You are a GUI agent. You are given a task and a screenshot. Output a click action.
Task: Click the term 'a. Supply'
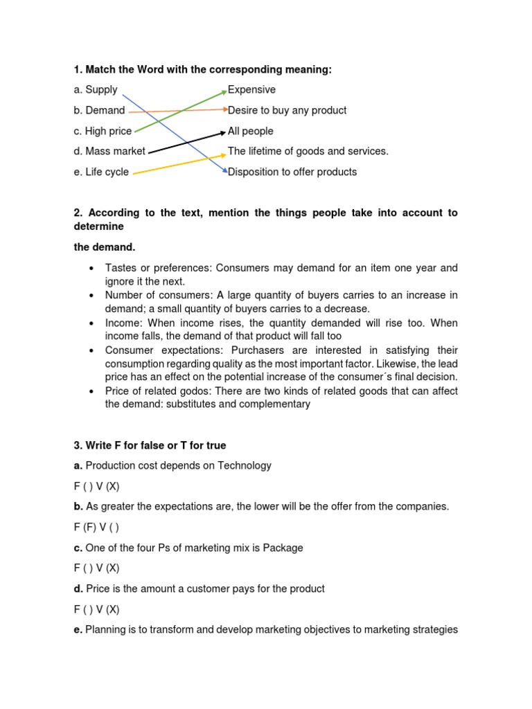coord(96,90)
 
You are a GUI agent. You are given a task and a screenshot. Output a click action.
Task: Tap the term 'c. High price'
coord(103,132)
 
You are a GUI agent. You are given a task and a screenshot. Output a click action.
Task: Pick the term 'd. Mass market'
coord(109,152)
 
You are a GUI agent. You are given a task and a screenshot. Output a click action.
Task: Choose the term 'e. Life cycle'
coord(101,172)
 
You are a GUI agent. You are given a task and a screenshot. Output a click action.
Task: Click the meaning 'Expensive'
coord(251,90)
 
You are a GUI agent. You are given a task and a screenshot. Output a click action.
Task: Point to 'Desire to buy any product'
coord(287,111)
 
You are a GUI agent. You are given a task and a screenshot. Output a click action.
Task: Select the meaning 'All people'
coord(250,132)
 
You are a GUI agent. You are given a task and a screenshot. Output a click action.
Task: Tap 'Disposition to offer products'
coord(292,172)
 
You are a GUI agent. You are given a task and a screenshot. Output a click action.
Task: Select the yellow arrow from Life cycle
coord(180,164)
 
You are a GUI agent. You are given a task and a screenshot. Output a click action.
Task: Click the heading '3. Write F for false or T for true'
coord(150,446)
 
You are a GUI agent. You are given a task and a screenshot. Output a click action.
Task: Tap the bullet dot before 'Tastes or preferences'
coord(91,269)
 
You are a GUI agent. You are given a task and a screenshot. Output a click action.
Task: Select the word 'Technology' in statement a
coord(245,466)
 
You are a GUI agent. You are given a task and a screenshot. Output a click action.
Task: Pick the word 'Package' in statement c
coord(284,548)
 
